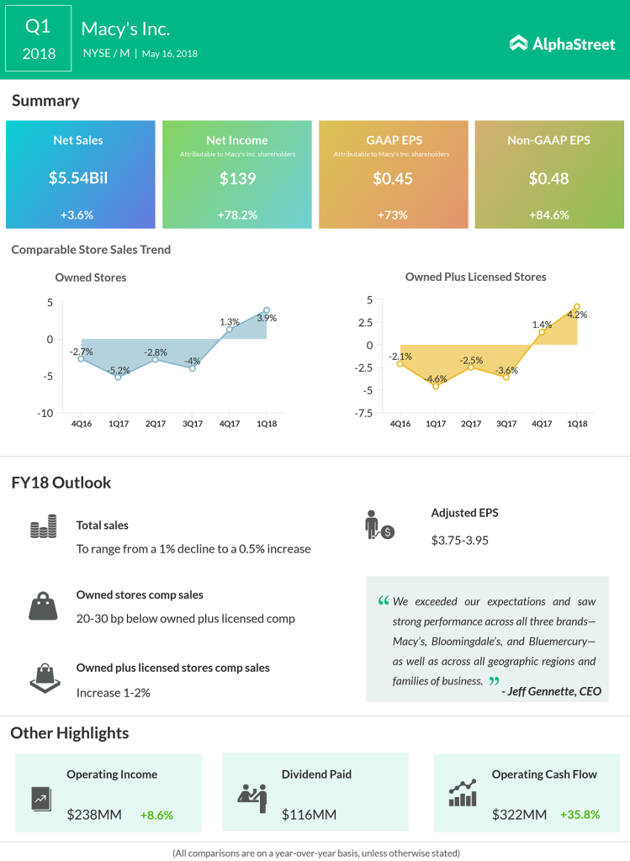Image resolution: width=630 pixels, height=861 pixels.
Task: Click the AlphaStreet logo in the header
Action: click(x=563, y=43)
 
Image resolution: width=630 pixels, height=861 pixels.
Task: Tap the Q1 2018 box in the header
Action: click(x=39, y=40)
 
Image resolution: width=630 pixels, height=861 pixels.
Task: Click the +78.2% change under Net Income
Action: click(x=236, y=214)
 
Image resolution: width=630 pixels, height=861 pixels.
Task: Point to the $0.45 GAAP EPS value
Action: click(x=393, y=178)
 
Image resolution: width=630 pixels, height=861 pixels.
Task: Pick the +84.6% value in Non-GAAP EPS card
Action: click(x=549, y=214)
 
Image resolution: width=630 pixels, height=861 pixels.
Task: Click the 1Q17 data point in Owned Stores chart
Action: click(x=118, y=377)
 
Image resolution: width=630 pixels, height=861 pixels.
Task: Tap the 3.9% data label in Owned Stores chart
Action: click(x=267, y=318)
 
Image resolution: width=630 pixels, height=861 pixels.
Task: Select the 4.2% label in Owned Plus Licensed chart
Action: click(x=577, y=314)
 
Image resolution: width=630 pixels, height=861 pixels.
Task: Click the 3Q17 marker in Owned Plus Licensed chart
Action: click(x=506, y=377)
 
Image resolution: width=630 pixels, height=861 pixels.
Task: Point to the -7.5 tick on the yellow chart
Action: click(x=363, y=413)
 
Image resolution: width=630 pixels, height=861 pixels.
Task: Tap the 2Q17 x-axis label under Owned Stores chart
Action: click(x=156, y=425)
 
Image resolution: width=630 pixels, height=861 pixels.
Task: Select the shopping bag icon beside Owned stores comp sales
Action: click(x=43, y=605)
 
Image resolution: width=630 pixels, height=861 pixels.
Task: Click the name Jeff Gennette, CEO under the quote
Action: click(x=551, y=692)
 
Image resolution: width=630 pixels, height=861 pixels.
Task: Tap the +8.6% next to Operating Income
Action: click(x=156, y=814)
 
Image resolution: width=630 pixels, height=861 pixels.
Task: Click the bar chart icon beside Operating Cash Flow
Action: click(x=463, y=791)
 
